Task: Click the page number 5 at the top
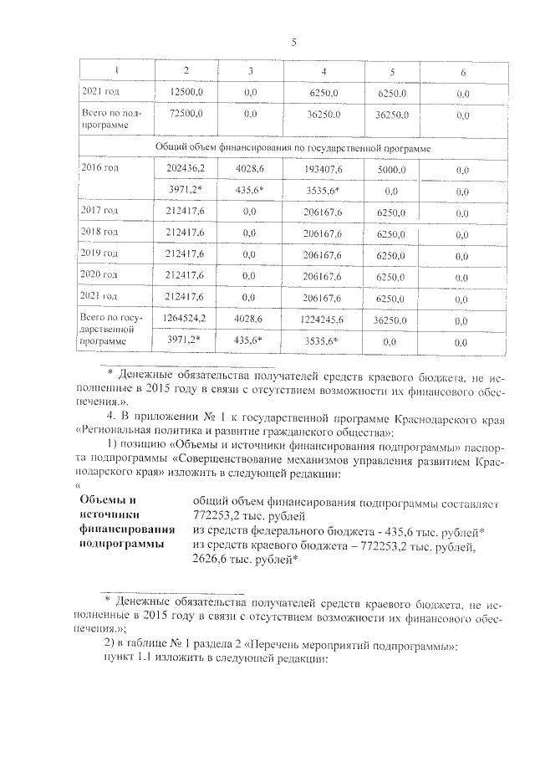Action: [294, 43]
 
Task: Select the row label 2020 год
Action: [98, 274]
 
